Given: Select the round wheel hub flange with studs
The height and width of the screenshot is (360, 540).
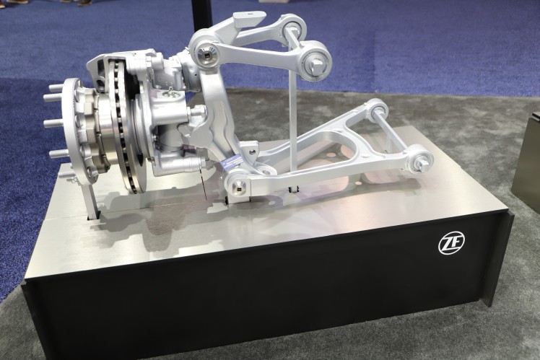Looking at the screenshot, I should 72,130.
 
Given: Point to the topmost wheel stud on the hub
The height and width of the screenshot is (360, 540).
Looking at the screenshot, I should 55,88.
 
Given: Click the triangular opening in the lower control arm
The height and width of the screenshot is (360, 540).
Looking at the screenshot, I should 361,141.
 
